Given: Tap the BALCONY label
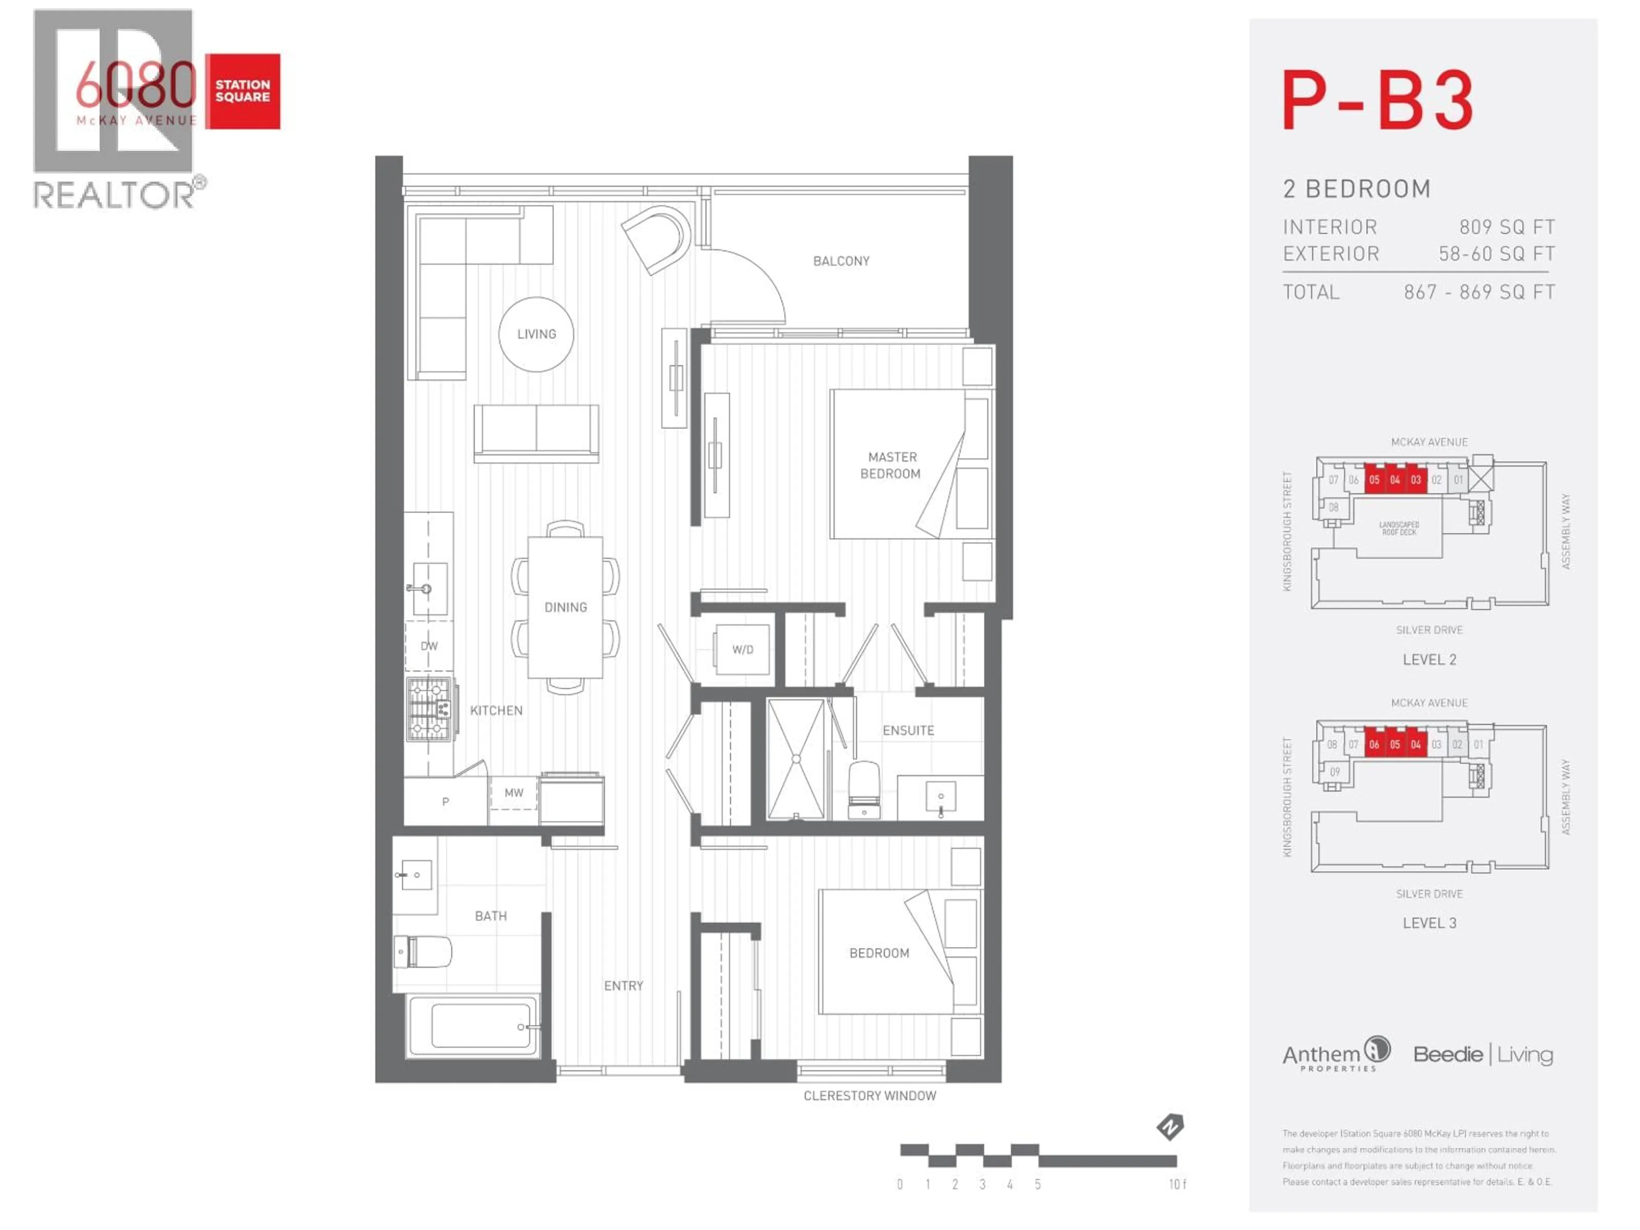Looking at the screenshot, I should click(841, 261).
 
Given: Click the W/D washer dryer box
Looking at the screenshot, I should click(742, 650).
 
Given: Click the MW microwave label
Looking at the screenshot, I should click(514, 793).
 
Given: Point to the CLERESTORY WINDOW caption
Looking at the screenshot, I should click(870, 1096).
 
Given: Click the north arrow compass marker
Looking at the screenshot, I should click(1170, 1127).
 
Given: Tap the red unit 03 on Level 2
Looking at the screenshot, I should click(1415, 480).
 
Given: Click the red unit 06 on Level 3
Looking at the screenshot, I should click(1374, 744).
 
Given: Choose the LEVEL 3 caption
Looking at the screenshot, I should click(1429, 923).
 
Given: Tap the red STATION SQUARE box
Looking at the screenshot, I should click(243, 91).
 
